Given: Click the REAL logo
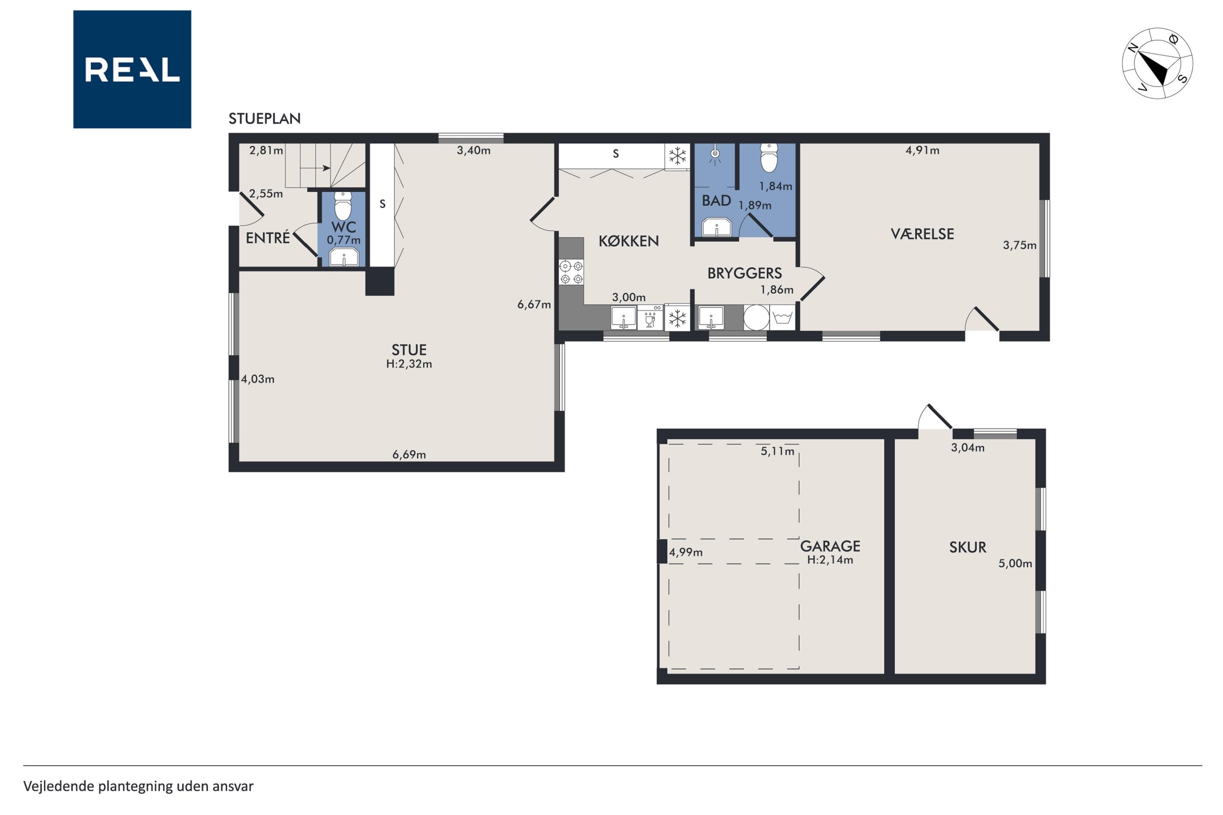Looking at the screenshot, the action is click(132, 69).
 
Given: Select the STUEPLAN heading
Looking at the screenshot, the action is click(265, 119).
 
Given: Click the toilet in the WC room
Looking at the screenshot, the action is click(343, 206).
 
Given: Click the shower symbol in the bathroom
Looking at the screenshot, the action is click(715, 154).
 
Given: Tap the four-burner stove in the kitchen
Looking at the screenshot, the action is click(572, 272).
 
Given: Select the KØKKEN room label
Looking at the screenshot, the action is click(629, 241).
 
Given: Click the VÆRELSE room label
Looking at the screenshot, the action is click(923, 234).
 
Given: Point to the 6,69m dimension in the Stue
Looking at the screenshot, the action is click(409, 455).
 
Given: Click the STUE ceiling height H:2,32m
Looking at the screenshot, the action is click(409, 364).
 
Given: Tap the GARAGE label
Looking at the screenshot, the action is click(830, 546).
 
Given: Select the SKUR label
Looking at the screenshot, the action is click(968, 547).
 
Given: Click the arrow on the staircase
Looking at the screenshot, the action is click(315, 168).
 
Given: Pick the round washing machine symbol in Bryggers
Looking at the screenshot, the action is click(756, 317).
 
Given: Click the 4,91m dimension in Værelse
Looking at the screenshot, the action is click(923, 151).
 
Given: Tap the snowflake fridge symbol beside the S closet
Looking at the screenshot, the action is click(678, 156).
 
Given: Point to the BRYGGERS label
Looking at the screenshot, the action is click(745, 273).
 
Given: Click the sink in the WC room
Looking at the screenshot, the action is click(344, 257).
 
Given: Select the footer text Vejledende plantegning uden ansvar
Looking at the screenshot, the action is click(138, 786).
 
